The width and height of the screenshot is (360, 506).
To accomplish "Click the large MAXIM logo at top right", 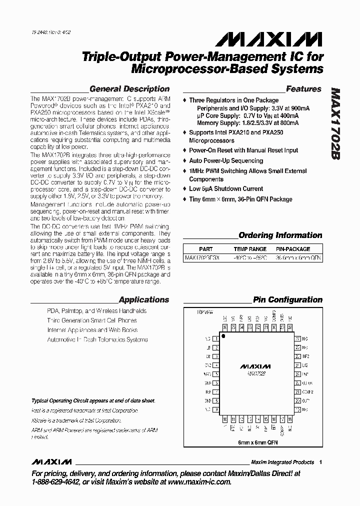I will [272, 40].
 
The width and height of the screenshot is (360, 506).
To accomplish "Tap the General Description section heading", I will [129, 89].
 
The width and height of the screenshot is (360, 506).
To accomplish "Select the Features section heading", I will [303, 89].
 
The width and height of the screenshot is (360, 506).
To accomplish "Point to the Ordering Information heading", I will [280, 235].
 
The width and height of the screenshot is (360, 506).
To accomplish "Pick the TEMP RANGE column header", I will [250, 248].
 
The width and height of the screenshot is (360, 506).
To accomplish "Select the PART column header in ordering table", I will [205, 248].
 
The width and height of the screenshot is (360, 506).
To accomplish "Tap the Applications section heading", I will [143, 300].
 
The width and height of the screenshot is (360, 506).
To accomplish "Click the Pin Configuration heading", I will [287, 300].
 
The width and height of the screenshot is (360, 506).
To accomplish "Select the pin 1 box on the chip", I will [216, 338].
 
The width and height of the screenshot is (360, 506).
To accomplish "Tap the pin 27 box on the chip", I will [297, 338].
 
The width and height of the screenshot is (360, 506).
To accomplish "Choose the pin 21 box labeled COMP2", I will [297, 392].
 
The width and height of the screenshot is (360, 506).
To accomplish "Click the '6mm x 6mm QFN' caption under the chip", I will [257, 443].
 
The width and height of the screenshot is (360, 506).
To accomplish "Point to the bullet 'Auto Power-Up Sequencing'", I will [226, 160].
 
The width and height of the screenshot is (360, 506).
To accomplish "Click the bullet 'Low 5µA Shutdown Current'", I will [226, 188].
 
